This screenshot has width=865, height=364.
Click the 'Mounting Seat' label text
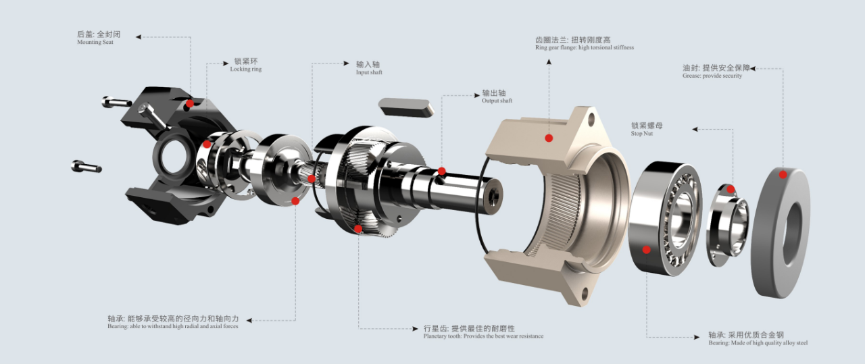pyautogui.click(x=95, y=42)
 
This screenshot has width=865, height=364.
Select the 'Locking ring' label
pyautogui.click(x=245, y=69)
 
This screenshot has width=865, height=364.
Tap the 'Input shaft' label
pyautogui.click(x=369, y=72)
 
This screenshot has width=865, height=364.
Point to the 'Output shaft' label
pyautogui.click(x=497, y=101)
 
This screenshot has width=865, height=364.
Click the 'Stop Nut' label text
pyautogui.click(x=641, y=134)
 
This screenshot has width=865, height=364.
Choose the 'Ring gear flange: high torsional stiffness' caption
pyautogui.click(x=585, y=47)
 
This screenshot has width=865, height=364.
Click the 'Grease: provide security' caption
pyautogui.click(x=712, y=76)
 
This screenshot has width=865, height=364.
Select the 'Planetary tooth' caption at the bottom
pyautogui.click(x=483, y=336)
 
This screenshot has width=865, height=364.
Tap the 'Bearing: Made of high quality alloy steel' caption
pyautogui.click(x=758, y=343)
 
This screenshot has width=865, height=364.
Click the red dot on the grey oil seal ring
pyautogui.click(x=783, y=175)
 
